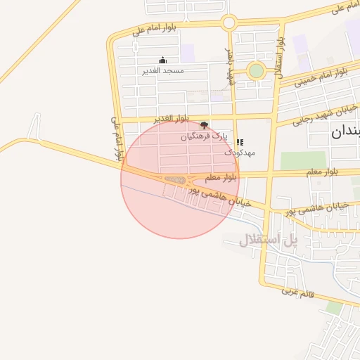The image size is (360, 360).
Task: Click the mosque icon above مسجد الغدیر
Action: pyautogui.click(x=163, y=60)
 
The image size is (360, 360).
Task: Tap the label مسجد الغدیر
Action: pyautogui.click(x=163, y=70)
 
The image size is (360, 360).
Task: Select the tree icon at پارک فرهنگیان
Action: pyautogui.click(x=205, y=125)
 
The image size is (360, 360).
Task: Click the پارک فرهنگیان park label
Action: pyautogui.click(x=205, y=136)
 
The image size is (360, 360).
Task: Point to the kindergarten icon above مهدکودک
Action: pyautogui.click(x=240, y=142)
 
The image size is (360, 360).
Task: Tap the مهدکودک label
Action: pyautogui.click(x=240, y=153)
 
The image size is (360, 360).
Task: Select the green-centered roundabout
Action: pyautogui.click(x=256, y=70)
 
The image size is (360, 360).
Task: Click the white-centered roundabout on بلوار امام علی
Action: pyautogui.click(x=229, y=22)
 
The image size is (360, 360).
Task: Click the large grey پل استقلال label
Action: pyautogui.click(x=269, y=240)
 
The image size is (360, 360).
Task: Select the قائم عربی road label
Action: pyautogui.click(x=302, y=291)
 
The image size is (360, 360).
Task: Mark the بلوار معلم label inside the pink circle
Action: pyautogui.click(x=222, y=178)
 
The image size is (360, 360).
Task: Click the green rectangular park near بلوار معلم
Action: pyautogui.click(x=303, y=160)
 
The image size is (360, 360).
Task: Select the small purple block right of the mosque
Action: pyautogui.click(x=188, y=53)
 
